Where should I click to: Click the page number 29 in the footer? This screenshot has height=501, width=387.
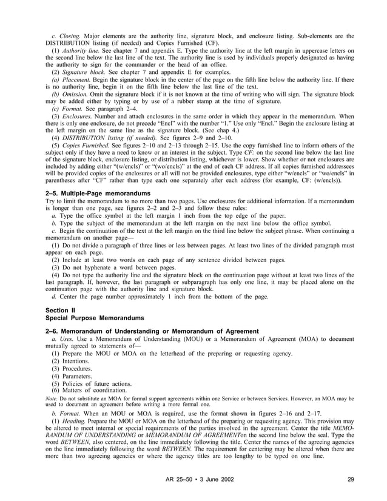point(351,480)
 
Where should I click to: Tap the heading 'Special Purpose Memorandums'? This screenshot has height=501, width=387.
point(95,318)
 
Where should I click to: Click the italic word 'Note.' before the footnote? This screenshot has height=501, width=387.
point(52,398)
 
